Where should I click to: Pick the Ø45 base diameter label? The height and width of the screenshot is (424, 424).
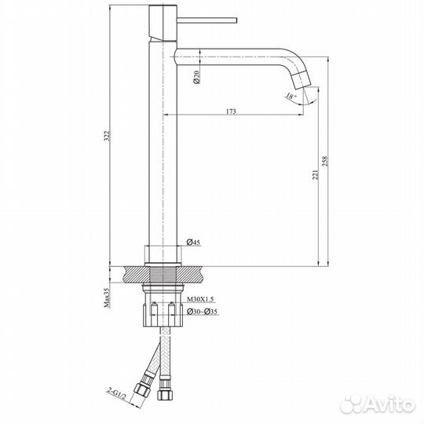pyautogui.click(x=193, y=243)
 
